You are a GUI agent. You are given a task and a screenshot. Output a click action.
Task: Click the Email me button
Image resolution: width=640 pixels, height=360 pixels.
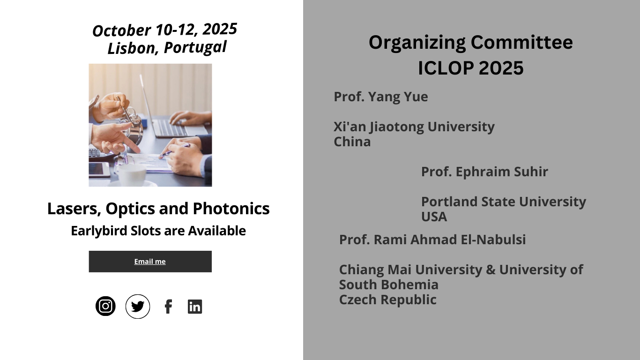click(150, 262)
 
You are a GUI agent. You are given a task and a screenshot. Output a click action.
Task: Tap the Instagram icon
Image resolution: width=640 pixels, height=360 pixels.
click(105, 306)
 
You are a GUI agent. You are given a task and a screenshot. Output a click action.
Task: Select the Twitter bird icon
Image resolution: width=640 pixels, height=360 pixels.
click(138, 307)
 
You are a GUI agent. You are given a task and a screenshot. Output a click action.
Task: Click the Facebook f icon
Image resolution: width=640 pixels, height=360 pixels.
click(169, 307)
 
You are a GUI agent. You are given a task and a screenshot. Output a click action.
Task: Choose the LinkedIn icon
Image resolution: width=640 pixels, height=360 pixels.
click(195, 307)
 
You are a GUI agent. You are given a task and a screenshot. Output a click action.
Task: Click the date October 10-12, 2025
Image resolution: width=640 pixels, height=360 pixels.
click(164, 30)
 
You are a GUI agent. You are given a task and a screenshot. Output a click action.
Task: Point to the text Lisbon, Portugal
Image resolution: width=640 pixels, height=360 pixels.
click(167, 47)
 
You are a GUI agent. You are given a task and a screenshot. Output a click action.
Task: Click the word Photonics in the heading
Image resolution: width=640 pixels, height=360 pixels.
click(231, 208)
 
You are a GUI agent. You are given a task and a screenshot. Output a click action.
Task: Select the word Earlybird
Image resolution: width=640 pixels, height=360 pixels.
click(99, 231)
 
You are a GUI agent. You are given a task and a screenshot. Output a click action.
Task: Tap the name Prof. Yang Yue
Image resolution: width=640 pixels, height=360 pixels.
click(381, 97)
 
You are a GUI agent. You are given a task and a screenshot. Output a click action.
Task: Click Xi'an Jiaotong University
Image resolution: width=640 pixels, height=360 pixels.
click(414, 127)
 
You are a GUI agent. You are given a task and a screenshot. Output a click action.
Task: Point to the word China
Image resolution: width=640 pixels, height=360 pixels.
click(352, 142)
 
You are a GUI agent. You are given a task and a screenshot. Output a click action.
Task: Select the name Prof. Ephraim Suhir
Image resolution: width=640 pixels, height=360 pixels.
click(484, 172)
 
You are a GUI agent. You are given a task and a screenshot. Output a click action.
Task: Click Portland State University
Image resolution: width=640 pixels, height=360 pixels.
click(504, 202)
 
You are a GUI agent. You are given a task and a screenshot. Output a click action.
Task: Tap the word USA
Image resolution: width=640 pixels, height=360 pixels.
click(434, 217)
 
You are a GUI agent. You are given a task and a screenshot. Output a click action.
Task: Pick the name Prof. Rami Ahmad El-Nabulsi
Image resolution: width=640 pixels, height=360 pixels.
click(432, 240)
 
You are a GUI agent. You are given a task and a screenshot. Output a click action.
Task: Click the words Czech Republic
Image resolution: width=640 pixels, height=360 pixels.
click(388, 300)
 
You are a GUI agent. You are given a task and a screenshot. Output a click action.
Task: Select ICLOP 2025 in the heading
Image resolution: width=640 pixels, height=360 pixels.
click(470, 68)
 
